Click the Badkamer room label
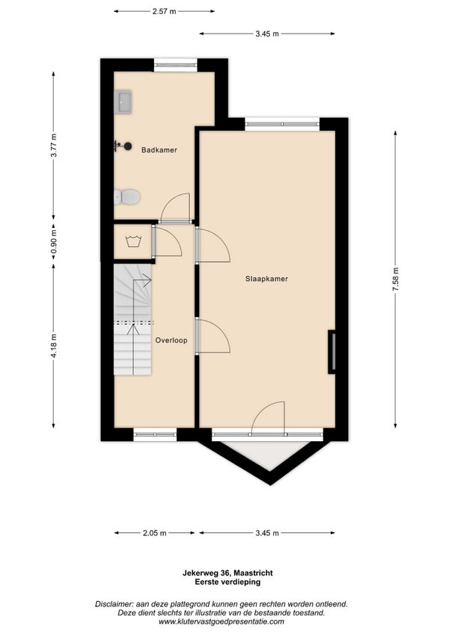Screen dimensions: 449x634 (159, 150)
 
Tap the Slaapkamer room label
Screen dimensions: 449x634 (266, 279)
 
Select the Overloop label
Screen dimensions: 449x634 (171, 340)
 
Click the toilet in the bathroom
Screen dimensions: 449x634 (126, 197)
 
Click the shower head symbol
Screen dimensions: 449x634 (123, 146)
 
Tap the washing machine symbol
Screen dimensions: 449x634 (132, 241)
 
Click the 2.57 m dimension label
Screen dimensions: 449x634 (164, 11)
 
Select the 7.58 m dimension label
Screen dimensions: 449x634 (396, 279)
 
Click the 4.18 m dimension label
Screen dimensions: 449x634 (53, 345)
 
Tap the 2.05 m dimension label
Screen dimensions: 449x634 (154, 533)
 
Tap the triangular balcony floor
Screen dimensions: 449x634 (269, 454)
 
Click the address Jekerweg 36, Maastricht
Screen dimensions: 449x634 (227, 573)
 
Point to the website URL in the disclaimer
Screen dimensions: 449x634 (224, 621)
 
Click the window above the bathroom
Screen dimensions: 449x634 (176, 65)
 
